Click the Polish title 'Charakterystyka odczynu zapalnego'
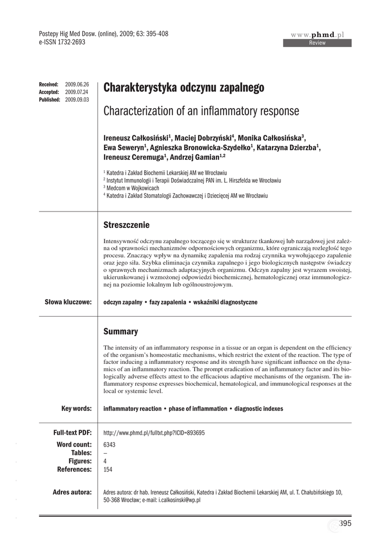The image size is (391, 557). (x=184, y=88)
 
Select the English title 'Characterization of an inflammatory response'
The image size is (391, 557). (x=201, y=112)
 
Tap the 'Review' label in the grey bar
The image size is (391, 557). (x=317, y=43)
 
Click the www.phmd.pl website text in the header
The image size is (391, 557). (x=318, y=35)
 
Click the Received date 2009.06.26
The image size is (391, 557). (x=77, y=85)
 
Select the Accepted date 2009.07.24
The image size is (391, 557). (x=77, y=92)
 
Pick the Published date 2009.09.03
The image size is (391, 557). (x=77, y=100)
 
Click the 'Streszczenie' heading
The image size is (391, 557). (x=126, y=225)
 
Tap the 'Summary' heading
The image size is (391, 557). (x=121, y=331)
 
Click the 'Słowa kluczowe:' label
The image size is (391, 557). (x=67, y=302)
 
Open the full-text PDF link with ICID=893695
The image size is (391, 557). (x=154, y=432)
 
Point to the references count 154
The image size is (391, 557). (x=108, y=469)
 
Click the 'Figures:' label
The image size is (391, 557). (x=80, y=461)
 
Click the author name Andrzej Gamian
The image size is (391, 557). (x=195, y=157)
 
